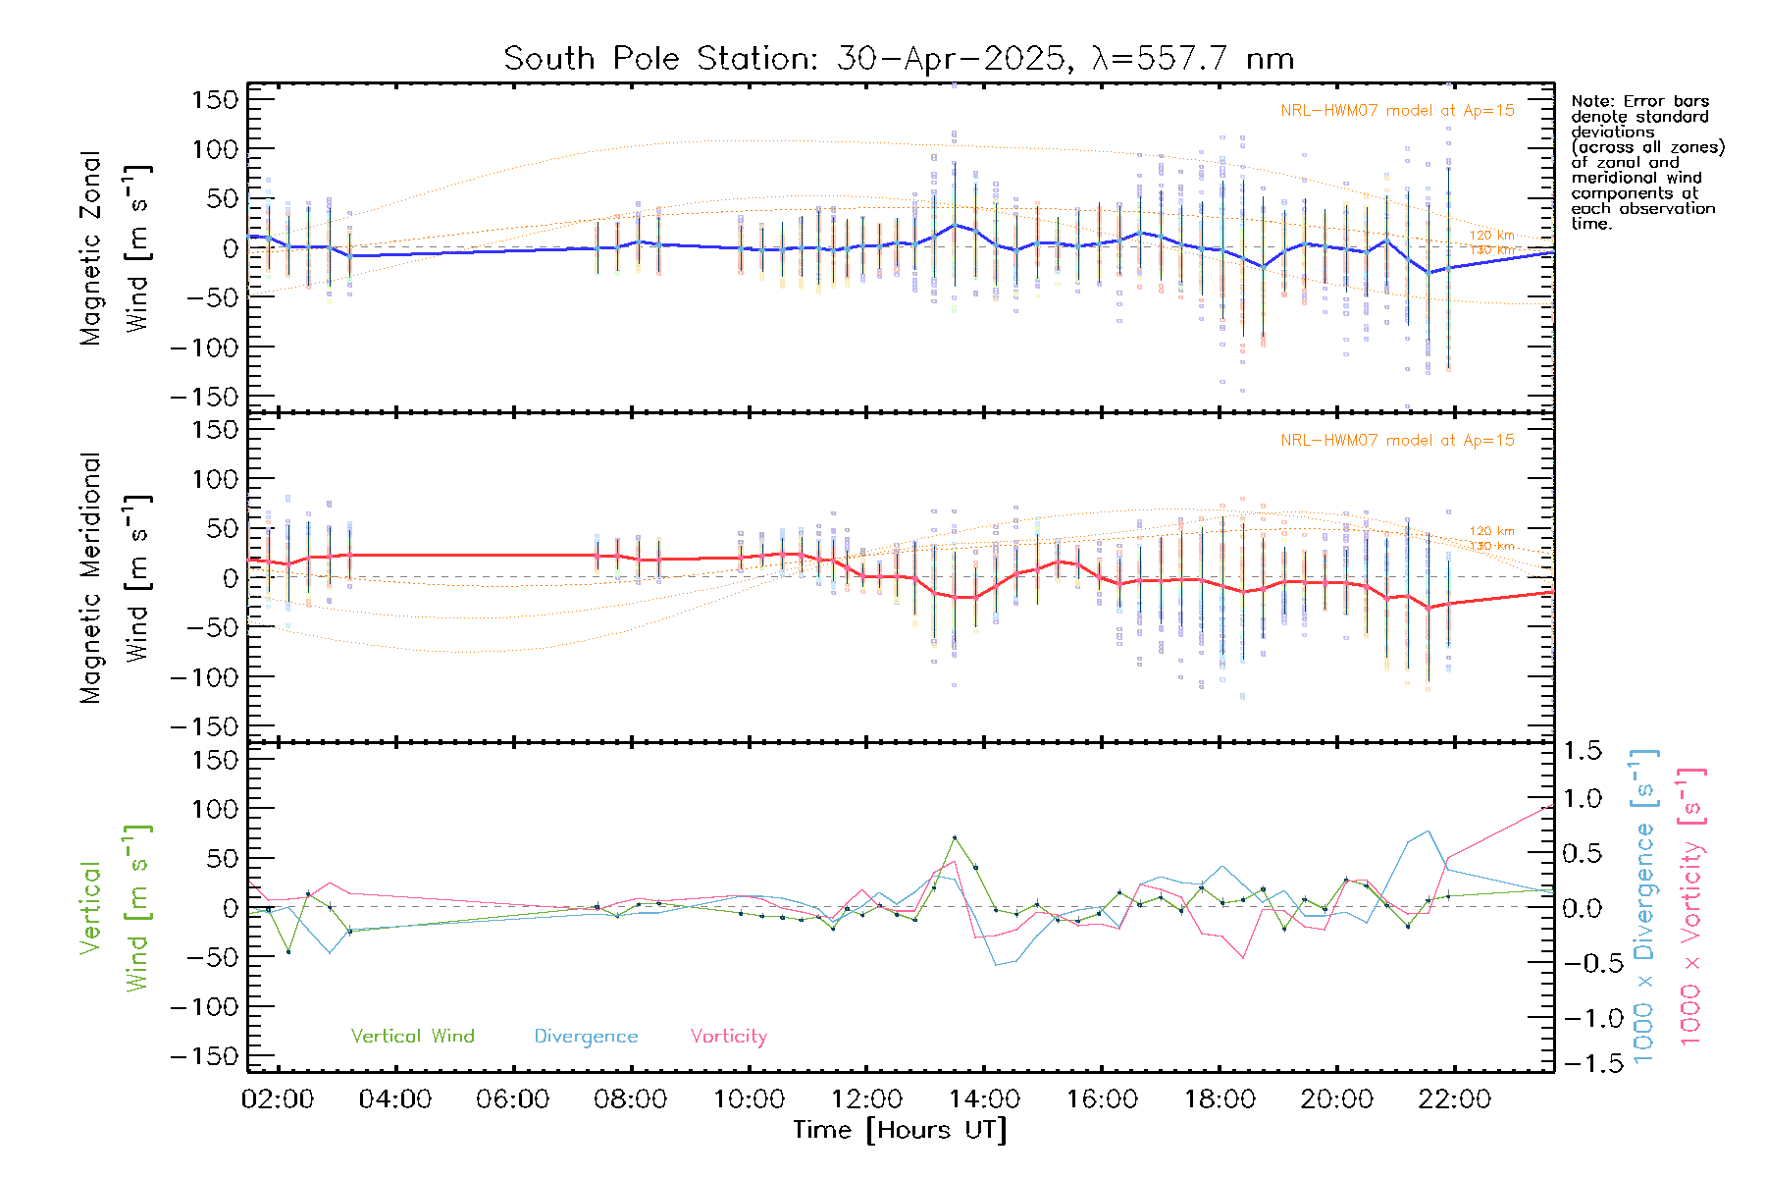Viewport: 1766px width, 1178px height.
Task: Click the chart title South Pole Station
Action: click(898, 59)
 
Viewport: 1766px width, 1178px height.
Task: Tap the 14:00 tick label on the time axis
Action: click(984, 1099)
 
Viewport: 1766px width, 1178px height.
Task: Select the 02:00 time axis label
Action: click(278, 1099)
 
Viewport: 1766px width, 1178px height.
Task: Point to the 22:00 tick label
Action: click(1454, 1099)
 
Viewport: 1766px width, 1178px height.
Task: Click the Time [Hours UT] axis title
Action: click(900, 1130)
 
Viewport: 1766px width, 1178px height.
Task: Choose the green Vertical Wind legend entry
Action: click(412, 1036)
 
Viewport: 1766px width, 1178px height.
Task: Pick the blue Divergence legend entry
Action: click(586, 1036)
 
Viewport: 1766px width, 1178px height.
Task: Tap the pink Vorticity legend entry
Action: click(728, 1036)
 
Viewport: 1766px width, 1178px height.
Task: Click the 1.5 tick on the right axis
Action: click(1582, 751)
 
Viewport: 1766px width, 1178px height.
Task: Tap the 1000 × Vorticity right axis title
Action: click(1691, 906)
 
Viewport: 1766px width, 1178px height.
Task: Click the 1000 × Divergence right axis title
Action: click(1643, 906)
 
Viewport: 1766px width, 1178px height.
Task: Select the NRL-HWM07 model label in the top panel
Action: click(1397, 111)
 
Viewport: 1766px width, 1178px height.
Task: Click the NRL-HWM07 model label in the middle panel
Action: click(1397, 441)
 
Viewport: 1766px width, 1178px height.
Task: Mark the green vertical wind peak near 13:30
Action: click(955, 837)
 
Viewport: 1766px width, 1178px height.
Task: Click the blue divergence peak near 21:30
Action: click(1428, 831)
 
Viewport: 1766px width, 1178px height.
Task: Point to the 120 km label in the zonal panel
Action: click(1491, 236)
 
